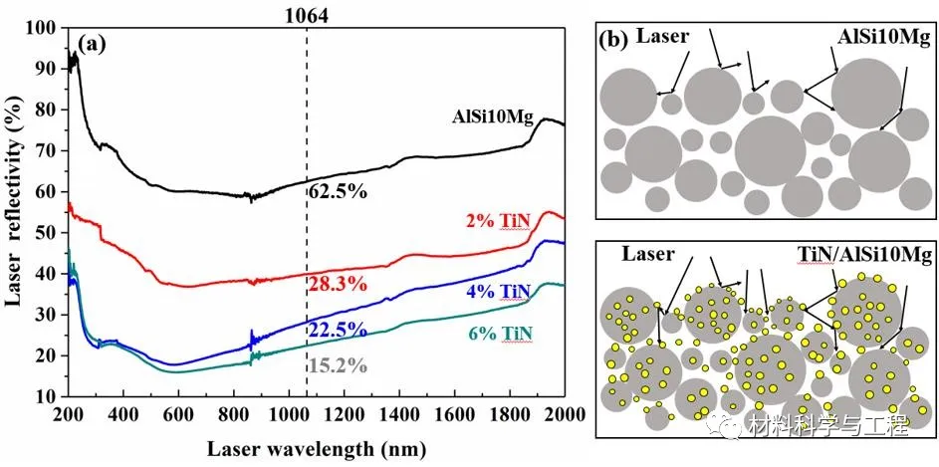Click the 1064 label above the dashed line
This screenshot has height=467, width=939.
pyautogui.click(x=306, y=15)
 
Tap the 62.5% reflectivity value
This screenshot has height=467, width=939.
pyautogui.click(x=337, y=190)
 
